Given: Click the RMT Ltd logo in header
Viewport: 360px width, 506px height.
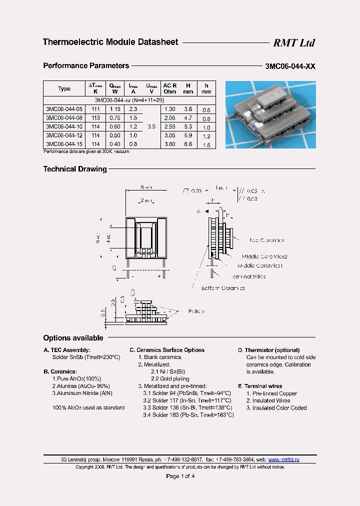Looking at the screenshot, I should [293, 43].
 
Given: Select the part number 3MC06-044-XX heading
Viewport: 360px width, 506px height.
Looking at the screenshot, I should [290, 66].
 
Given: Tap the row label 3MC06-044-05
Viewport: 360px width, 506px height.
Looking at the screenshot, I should [64, 109].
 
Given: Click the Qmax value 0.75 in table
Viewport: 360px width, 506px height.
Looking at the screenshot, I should [115, 118].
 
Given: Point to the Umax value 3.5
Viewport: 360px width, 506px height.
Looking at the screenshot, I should [151, 127].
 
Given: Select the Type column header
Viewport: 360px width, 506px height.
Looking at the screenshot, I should [64, 88].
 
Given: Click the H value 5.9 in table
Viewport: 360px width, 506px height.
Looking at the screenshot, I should [187, 136].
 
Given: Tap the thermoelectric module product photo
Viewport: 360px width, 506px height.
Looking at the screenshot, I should [270, 114].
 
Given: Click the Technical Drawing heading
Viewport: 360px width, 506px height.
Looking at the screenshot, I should [75, 169].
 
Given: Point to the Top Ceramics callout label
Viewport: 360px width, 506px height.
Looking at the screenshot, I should [266, 240].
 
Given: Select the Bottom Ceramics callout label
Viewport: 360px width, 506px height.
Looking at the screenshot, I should [223, 288].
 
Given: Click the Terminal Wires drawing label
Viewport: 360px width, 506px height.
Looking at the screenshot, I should [249, 276].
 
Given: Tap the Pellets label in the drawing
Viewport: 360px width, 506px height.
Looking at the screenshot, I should [196, 311].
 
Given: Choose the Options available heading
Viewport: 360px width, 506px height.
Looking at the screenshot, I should [73, 338].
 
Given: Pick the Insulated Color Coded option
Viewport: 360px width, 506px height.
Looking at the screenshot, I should [276, 408].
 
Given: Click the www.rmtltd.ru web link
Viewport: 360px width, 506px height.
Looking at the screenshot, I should [283, 459].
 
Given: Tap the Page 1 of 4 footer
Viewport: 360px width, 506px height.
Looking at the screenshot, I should [180, 476].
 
